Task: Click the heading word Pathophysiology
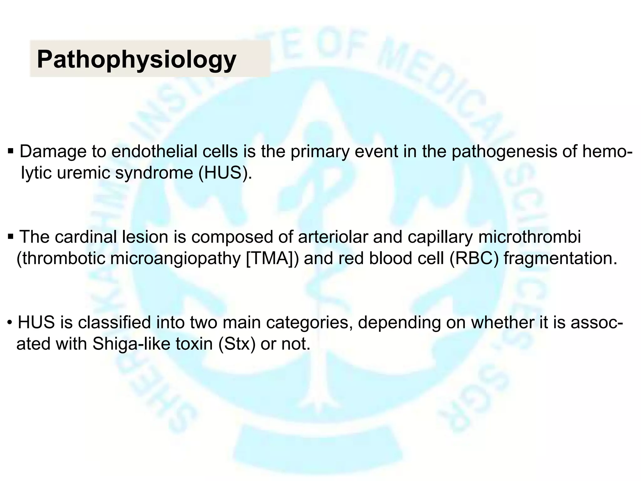[136, 59]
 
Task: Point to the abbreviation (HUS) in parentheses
[225, 173]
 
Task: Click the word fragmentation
[560, 258]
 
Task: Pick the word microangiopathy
[176, 258]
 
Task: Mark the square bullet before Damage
[11, 152]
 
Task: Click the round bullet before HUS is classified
[10, 323]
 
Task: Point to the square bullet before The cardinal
[11, 237]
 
